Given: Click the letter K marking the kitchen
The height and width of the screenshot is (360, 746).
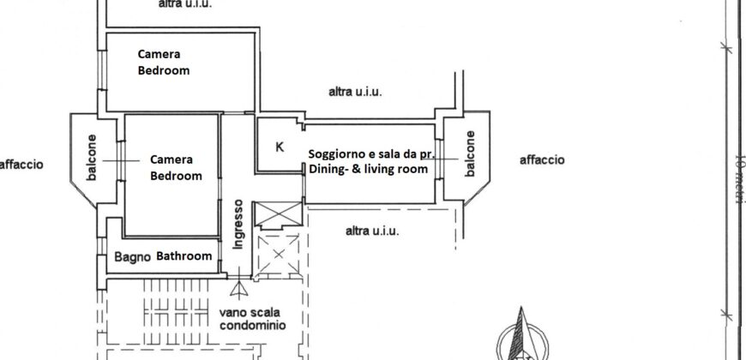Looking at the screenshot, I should [x=280, y=147].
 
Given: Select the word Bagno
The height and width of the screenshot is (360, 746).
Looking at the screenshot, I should [x=133, y=256].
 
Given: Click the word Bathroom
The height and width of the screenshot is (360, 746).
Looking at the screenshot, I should [x=183, y=256].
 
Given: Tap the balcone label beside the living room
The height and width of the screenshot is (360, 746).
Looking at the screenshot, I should [x=469, y=155].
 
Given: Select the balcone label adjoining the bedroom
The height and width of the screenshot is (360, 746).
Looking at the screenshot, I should [x=92, y=158].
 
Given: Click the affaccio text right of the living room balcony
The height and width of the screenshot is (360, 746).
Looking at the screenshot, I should [x=542, y=160].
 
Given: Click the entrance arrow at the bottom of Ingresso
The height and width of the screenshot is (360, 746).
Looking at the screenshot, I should [x=239, y=286].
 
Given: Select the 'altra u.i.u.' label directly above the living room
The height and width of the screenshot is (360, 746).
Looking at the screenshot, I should [x=355, y=92].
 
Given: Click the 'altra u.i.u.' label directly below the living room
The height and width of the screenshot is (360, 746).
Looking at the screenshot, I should [x=371, y=231].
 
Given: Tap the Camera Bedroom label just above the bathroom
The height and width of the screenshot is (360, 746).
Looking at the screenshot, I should [x=176, y=167].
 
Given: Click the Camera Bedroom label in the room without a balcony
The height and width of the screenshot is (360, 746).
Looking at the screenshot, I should [x=163, y=63].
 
